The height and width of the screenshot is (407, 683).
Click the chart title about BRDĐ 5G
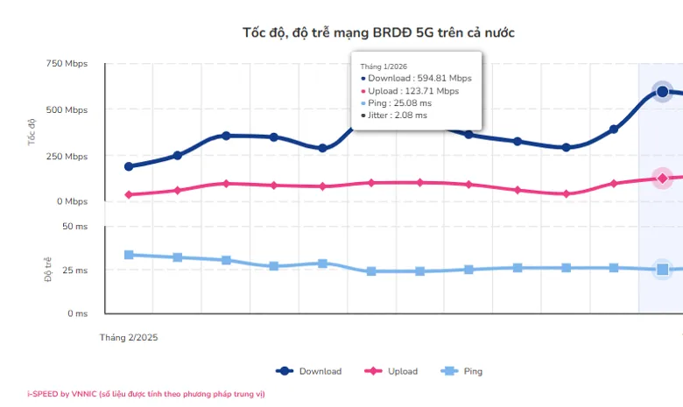click(x=378, y=32)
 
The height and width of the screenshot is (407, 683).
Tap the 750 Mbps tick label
click(x=67, y=64)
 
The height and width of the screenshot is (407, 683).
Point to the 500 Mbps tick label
click(x=67, y=110)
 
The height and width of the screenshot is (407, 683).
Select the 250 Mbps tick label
click(x=67, y=156)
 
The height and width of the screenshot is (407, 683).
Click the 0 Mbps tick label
click(x=70, y=201)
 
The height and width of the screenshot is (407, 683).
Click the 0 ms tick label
click(x=76, y=312)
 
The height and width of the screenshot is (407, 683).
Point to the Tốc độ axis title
click(x=32, y=133)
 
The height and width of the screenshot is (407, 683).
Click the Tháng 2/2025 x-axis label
click(x=129, y=337)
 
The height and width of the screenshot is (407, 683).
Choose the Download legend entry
click(x=309, y=371)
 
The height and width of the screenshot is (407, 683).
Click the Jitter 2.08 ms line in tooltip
click(x=397, y=115)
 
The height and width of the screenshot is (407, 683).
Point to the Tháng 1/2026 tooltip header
click(x=384, y=65)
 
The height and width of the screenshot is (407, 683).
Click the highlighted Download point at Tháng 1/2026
click(x=663, y=92)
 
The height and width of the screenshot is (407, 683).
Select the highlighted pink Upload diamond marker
click(x=663, y=179)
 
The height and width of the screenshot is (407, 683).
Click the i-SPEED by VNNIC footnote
click(x=145, y=394)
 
